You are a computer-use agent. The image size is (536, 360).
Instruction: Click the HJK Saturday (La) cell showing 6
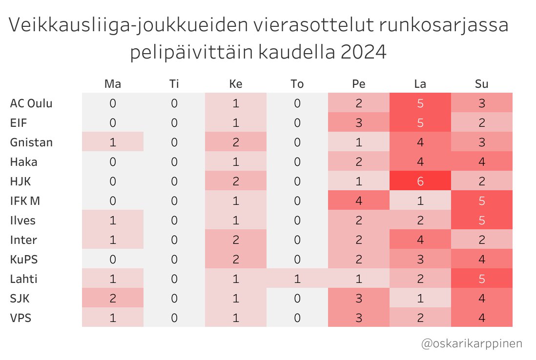[420, 181]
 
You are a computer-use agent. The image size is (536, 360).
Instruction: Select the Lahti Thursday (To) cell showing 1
[297, 279]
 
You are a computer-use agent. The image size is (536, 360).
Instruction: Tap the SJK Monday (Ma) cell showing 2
[113, 298]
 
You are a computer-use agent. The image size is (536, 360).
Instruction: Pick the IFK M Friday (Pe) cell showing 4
[359, 200]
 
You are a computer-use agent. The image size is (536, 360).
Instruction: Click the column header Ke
[236, 84]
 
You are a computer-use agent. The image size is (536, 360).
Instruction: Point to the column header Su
[481, 84]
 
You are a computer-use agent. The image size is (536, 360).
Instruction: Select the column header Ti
[174, 84]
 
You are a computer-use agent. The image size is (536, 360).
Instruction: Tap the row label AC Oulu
[31, 103]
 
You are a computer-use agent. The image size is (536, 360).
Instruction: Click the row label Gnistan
[31, 142]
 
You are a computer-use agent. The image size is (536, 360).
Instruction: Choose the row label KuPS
[24, 259]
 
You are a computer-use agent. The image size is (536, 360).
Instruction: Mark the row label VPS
[21, 318]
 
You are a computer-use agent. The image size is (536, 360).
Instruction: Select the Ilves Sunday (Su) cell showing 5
[481, 220]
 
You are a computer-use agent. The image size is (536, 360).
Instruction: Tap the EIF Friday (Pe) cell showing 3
[359, 122]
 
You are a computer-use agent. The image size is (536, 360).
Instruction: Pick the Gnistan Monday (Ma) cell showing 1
[113, 142]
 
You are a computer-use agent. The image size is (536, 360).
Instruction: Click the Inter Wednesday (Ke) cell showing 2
[236, 240]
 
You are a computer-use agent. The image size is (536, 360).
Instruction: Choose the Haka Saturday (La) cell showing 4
[420, 161]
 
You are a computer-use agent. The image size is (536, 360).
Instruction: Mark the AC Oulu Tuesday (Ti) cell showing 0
[174, 103]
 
